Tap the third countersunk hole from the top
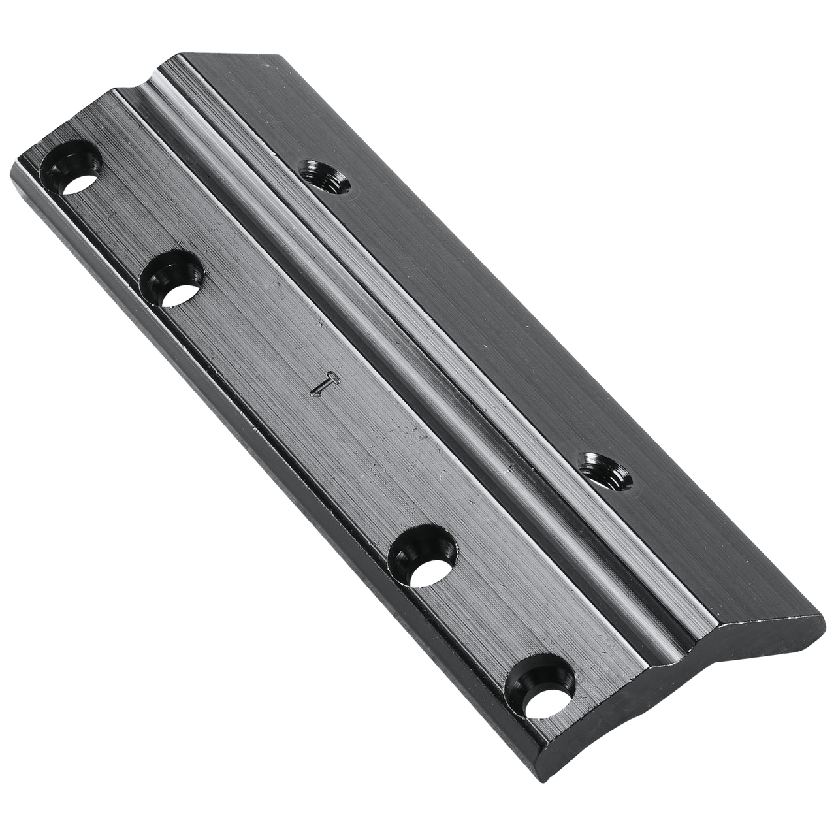pyautogui.click(x=422, y=556)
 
